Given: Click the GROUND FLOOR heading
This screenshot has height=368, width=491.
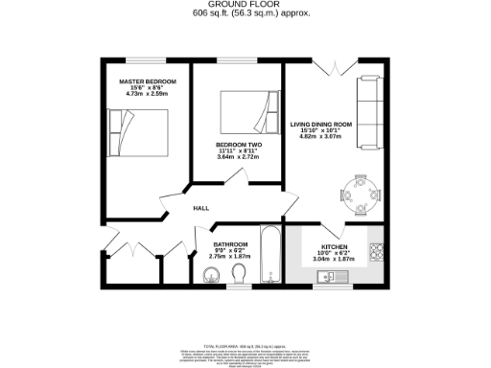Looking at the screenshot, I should point(244,5).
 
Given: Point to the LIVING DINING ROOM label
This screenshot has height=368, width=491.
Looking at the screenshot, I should point(322,124).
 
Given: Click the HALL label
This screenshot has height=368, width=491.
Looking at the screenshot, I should point(200,208).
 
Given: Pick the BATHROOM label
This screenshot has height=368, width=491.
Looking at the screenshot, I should point(230,243).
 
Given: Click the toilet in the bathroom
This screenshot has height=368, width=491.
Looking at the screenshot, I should point(240,276).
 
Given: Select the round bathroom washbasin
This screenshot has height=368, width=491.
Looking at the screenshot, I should point(212,277).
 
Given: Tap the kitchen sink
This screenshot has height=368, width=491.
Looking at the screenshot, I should point(329,277).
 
